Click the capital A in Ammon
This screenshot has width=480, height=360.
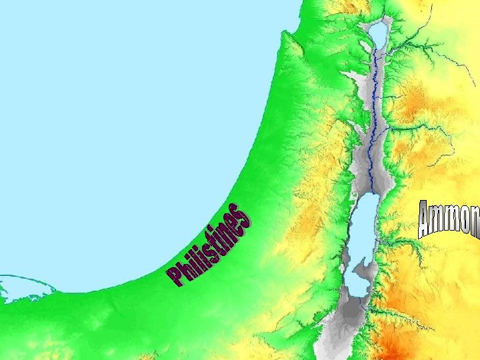(426, 221)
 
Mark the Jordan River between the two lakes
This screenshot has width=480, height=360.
(375, 113)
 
